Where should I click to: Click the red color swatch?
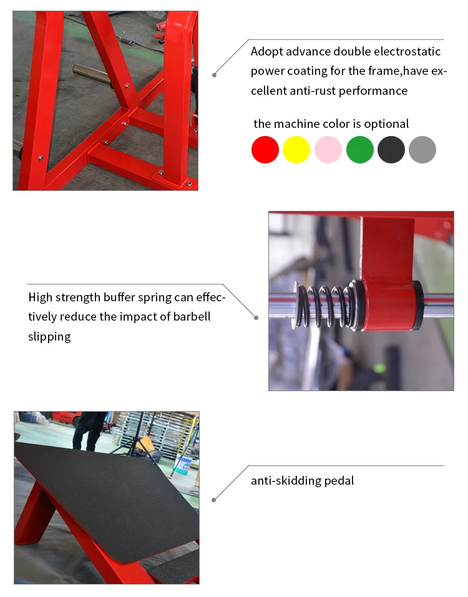pos(265,150)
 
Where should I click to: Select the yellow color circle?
pos(296,150)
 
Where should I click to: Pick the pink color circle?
pos(328,150)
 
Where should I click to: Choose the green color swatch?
pos(360,150)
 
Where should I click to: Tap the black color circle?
pos(391,150)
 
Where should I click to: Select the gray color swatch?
pos(422,150)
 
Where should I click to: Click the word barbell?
pos(192,317)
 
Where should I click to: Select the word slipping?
pos(49,337)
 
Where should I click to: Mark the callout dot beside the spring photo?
pos(256,318)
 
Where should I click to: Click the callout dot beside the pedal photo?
pos(213,500)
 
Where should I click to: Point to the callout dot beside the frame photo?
pos(215,75)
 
